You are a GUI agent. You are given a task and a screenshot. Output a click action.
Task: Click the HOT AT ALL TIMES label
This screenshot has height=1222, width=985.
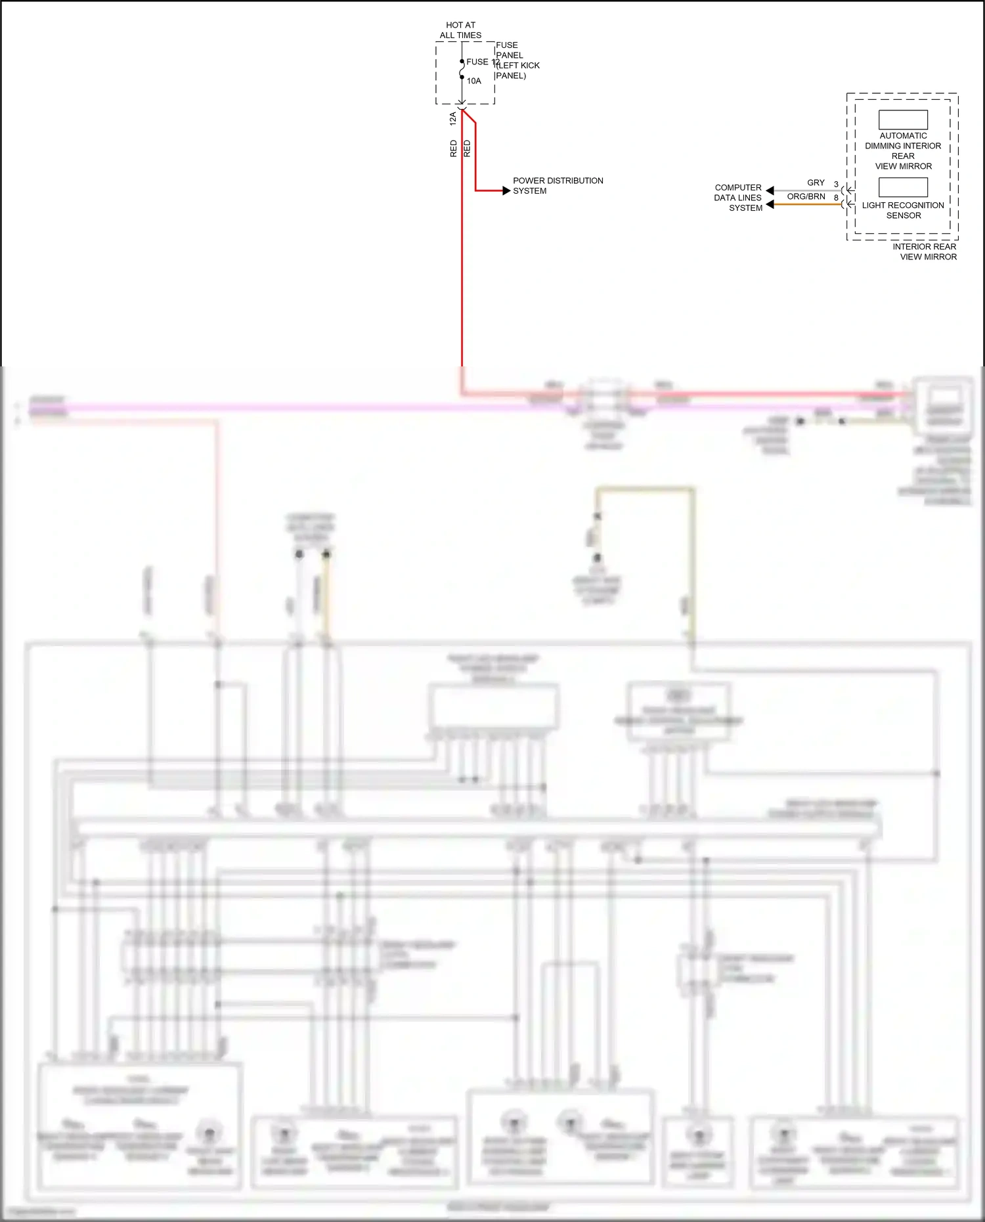tap(460, 30)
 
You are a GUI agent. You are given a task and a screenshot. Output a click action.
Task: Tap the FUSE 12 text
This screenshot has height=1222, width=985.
tap(482, 62)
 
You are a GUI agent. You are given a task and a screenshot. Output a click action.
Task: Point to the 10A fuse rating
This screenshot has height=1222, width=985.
tap(474, 81)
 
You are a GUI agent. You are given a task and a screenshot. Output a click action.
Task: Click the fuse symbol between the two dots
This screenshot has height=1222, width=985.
tap(462, 69)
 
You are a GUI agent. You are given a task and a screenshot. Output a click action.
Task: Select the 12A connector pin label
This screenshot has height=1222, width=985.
tap(452, 119)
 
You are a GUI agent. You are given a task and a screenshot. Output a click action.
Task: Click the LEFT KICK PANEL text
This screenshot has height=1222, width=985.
tap(517, 70)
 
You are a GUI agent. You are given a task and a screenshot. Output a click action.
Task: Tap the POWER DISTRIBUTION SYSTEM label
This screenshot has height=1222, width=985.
tap(558, 186)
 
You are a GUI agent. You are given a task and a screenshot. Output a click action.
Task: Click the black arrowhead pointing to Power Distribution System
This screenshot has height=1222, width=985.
tap(506, 191)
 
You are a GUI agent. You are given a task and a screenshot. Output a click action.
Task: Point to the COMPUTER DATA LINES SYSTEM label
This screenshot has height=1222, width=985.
tap(738, 198)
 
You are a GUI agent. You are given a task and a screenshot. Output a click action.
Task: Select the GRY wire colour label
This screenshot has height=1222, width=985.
tap(816, 183)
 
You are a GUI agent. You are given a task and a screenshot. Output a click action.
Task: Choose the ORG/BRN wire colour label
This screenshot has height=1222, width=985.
tap(806, 196)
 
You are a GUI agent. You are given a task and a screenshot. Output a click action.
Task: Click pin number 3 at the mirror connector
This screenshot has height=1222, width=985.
tap(836, 185)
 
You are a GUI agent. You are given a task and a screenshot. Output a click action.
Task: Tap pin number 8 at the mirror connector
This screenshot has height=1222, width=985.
tap(836, 198)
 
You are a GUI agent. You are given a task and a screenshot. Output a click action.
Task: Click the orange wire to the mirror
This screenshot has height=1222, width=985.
tap(808, 204)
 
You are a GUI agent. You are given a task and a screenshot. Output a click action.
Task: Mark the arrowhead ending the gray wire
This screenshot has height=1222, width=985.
tap(770, 190)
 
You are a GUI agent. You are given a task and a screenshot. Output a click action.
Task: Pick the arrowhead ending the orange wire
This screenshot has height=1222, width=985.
tap(770, 204)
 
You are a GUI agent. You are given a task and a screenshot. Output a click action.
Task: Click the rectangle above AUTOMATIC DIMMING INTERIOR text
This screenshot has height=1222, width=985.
tap(903, 120)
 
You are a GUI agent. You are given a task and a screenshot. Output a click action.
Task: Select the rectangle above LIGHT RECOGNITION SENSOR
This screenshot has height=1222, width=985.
tap(903, 187)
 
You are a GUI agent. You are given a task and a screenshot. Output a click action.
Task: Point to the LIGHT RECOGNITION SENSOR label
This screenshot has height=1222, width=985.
tap(903, 210)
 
